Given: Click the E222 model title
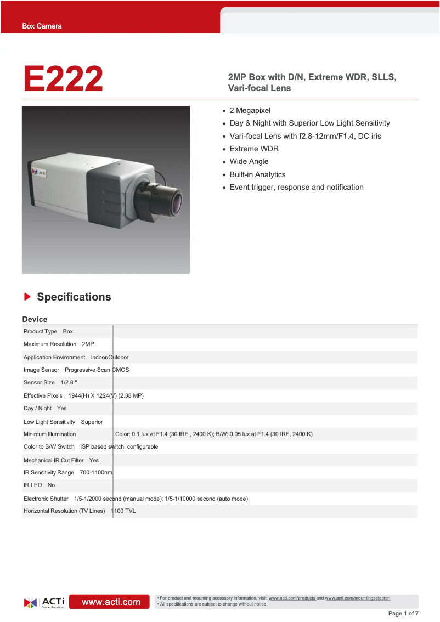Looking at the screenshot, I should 63,80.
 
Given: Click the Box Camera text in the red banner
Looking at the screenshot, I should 42,26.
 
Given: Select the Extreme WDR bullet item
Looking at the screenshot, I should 254,149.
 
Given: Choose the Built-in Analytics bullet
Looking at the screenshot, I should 257,174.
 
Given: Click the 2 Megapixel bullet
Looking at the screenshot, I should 250,110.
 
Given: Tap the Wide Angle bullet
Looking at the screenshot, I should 249,161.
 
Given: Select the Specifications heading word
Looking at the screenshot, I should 74,297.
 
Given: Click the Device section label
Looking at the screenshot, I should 35,319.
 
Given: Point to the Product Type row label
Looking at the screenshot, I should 40,332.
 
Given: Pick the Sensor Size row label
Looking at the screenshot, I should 39,382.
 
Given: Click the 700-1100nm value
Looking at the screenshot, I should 96,472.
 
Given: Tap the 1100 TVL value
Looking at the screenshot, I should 123,511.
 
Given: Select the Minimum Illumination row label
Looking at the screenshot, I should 50,434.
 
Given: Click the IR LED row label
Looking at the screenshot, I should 32,485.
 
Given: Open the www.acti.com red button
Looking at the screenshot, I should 111,602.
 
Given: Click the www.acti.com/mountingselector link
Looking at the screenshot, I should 357,598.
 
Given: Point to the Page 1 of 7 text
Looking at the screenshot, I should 403,613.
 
